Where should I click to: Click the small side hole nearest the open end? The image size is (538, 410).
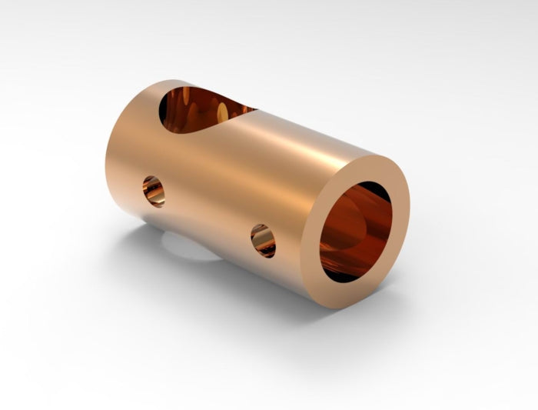pos(263,241)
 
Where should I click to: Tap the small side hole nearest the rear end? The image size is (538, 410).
pos(154,191)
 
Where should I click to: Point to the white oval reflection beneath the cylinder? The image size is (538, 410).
pos(188,246)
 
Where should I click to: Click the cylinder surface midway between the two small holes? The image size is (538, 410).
pos(208,215)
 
